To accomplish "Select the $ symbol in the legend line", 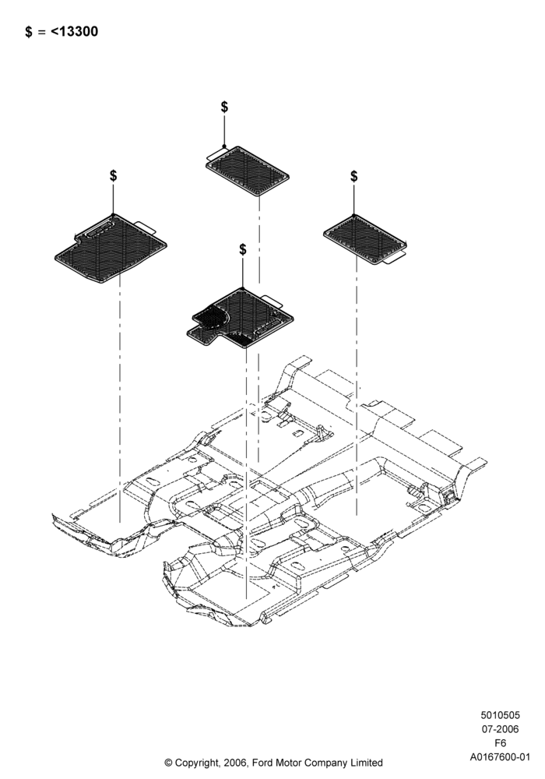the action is [29, 32].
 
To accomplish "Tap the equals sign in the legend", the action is [41, 32].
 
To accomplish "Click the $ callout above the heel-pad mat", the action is [242, 249].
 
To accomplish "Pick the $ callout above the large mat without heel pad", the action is [113, 176].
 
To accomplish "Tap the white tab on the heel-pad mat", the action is [271, 300].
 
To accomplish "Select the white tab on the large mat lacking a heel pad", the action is [145, 227].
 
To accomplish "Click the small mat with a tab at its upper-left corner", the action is [247, 171].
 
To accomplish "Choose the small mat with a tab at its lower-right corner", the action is [365, 239].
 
